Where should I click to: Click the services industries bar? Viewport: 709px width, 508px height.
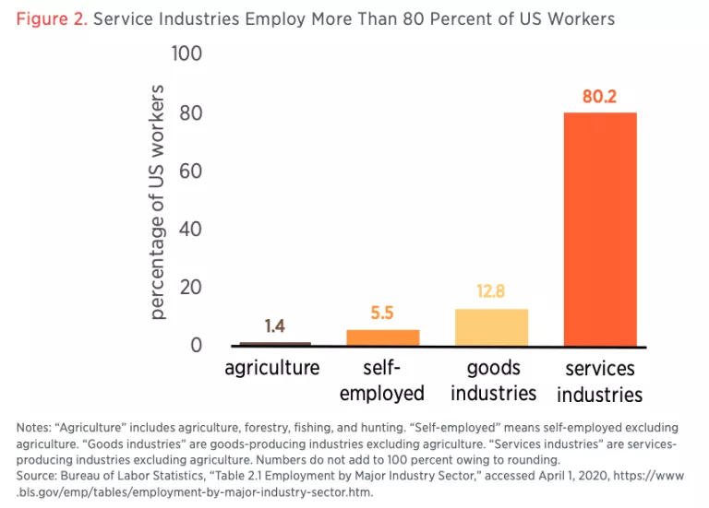[600, 229]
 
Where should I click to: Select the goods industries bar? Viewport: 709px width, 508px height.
[491, 327]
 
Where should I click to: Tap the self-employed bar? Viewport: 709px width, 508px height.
[382, 337]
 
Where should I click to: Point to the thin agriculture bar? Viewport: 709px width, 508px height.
[275, 344]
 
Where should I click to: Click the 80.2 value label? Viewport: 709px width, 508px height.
[599, 96]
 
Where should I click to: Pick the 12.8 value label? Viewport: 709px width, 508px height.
[491, 292]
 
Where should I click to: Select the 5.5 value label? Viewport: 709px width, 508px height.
[382, 313]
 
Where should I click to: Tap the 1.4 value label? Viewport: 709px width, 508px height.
[275, 326]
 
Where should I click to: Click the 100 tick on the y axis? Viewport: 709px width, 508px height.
[186, 54]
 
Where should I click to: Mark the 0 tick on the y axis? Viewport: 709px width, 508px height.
[196, 346]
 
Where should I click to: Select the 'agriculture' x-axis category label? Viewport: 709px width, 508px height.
[272, 368]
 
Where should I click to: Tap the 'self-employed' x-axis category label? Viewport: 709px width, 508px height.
[382, 380]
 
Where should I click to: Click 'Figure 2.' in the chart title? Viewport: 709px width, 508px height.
[51, 19]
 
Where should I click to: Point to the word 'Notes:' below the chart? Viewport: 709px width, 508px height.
[35, 428]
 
